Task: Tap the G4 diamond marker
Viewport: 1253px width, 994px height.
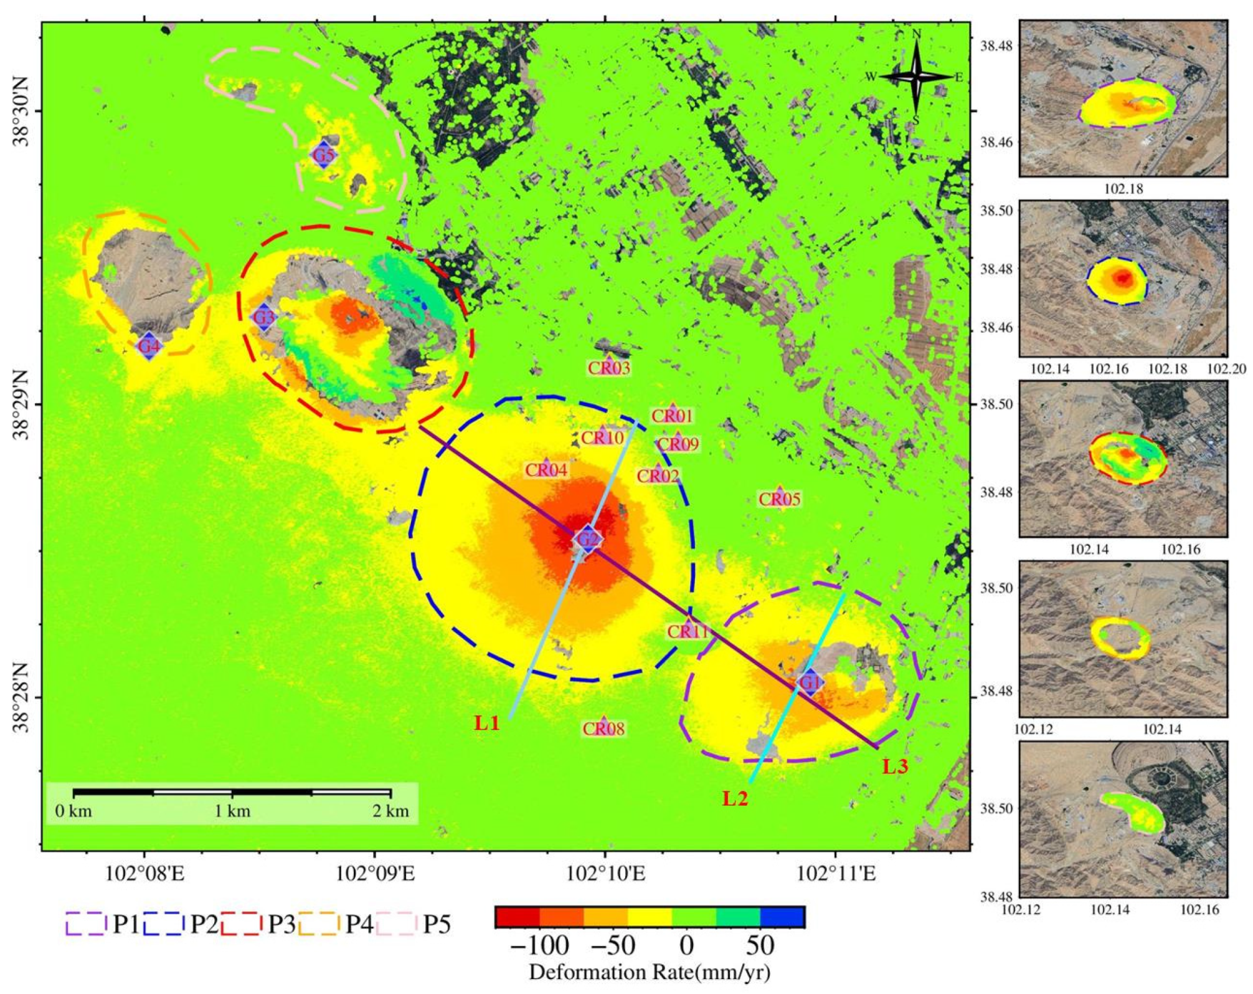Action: point(149,345)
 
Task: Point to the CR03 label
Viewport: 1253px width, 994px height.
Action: point(609,368)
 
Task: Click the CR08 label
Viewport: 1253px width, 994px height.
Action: point(603,728)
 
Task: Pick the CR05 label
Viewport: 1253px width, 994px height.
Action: point(779,499)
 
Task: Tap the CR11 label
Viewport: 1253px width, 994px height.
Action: point(688,631)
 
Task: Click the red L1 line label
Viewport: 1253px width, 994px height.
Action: point(487,723)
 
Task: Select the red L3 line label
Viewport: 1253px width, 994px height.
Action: point(895,767)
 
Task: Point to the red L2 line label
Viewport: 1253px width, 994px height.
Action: point(735,798)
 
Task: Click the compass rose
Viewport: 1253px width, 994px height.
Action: point(916,77)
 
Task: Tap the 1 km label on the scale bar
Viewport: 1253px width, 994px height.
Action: point(232,811)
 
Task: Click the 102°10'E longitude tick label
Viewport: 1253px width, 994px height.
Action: point(605,874)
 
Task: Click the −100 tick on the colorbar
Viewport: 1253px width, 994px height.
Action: point(539,946)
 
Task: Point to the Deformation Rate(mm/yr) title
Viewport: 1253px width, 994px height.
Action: point(650,972)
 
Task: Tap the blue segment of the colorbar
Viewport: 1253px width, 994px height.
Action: point(783,917)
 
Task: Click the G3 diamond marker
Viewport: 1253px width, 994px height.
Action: point(263,318)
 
